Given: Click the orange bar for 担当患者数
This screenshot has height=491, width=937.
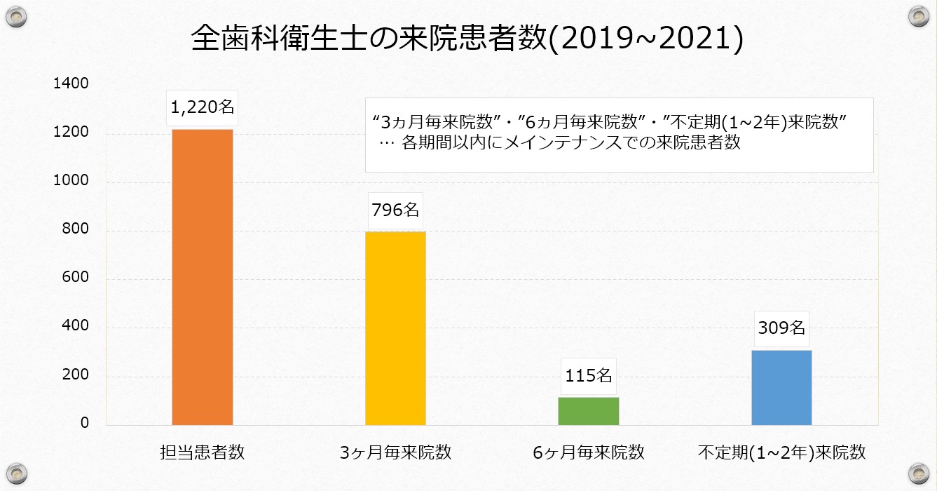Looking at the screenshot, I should point(203,277).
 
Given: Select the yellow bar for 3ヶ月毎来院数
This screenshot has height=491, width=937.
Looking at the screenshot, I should point(395,328).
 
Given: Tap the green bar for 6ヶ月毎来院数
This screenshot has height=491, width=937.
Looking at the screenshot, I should point(589,411).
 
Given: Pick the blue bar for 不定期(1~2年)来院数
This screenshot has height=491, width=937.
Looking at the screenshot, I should point(781,387).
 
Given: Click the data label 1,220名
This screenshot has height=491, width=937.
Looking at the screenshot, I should point(203,108).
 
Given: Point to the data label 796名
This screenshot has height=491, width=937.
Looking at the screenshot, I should point(395,210).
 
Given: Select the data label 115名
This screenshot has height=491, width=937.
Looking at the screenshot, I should point(589,375).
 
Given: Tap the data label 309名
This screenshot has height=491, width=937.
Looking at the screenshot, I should point(781,328).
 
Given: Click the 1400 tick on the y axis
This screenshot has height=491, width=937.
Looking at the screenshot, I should point(71,84).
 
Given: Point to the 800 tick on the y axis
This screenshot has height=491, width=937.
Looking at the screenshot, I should point(76,229).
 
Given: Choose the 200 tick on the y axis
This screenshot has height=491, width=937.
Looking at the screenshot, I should point(76,375).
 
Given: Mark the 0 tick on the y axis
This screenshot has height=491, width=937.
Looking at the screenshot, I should point(84,424).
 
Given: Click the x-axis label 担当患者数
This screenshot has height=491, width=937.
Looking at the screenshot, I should point(203,452).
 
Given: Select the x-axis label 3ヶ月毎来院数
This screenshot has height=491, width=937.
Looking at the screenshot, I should point(395,452).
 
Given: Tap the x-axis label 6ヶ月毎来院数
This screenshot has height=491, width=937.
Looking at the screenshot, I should point(589,452).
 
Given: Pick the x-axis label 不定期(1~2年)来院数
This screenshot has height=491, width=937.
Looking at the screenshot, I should point(781,452).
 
